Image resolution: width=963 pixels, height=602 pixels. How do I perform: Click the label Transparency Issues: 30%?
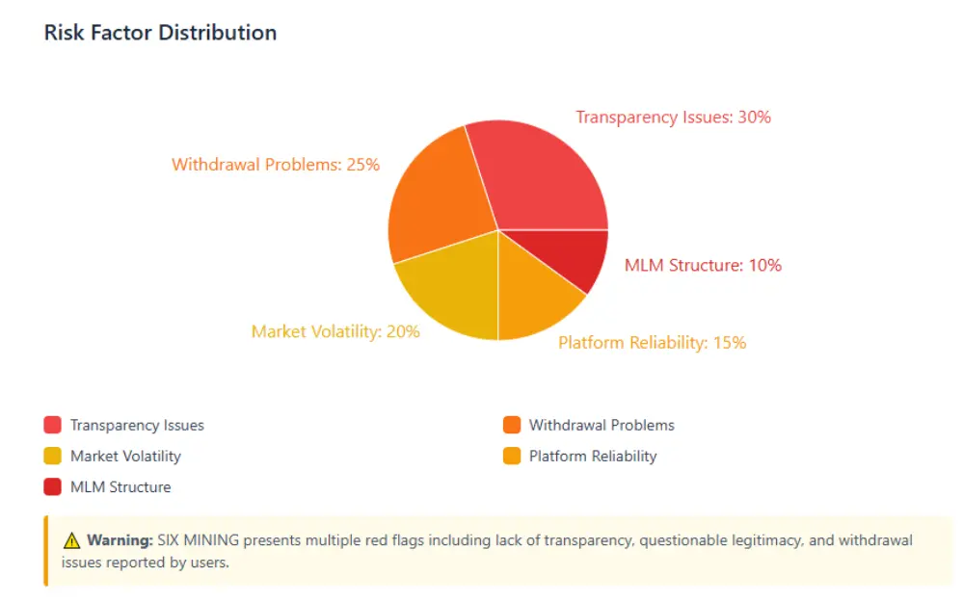tap(673, 118)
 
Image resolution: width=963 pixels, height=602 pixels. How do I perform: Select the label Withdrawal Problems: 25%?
tap(276, 165)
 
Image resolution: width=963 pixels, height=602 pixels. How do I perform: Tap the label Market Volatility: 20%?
tap(335, 331)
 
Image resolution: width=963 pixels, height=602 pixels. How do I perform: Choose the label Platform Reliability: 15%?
tap(652, 342)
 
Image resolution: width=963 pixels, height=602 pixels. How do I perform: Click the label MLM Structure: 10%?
tap(703, 265)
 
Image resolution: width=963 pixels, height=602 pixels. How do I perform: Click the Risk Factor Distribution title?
tap(160, 33)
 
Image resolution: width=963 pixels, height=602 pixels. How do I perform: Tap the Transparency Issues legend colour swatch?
tap(52, 425)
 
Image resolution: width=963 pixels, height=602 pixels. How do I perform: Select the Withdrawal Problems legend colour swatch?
tap(512, 425)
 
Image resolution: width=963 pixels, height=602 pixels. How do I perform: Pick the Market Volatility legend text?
tap(125, 456)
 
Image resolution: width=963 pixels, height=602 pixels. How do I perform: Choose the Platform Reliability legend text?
tap(592, 456)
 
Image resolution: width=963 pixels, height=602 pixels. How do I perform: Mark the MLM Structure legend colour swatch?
tap(52, 486)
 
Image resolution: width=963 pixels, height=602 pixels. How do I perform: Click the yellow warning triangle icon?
tap(71, 540)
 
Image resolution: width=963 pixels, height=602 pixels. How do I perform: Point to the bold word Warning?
tap(119, 540)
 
